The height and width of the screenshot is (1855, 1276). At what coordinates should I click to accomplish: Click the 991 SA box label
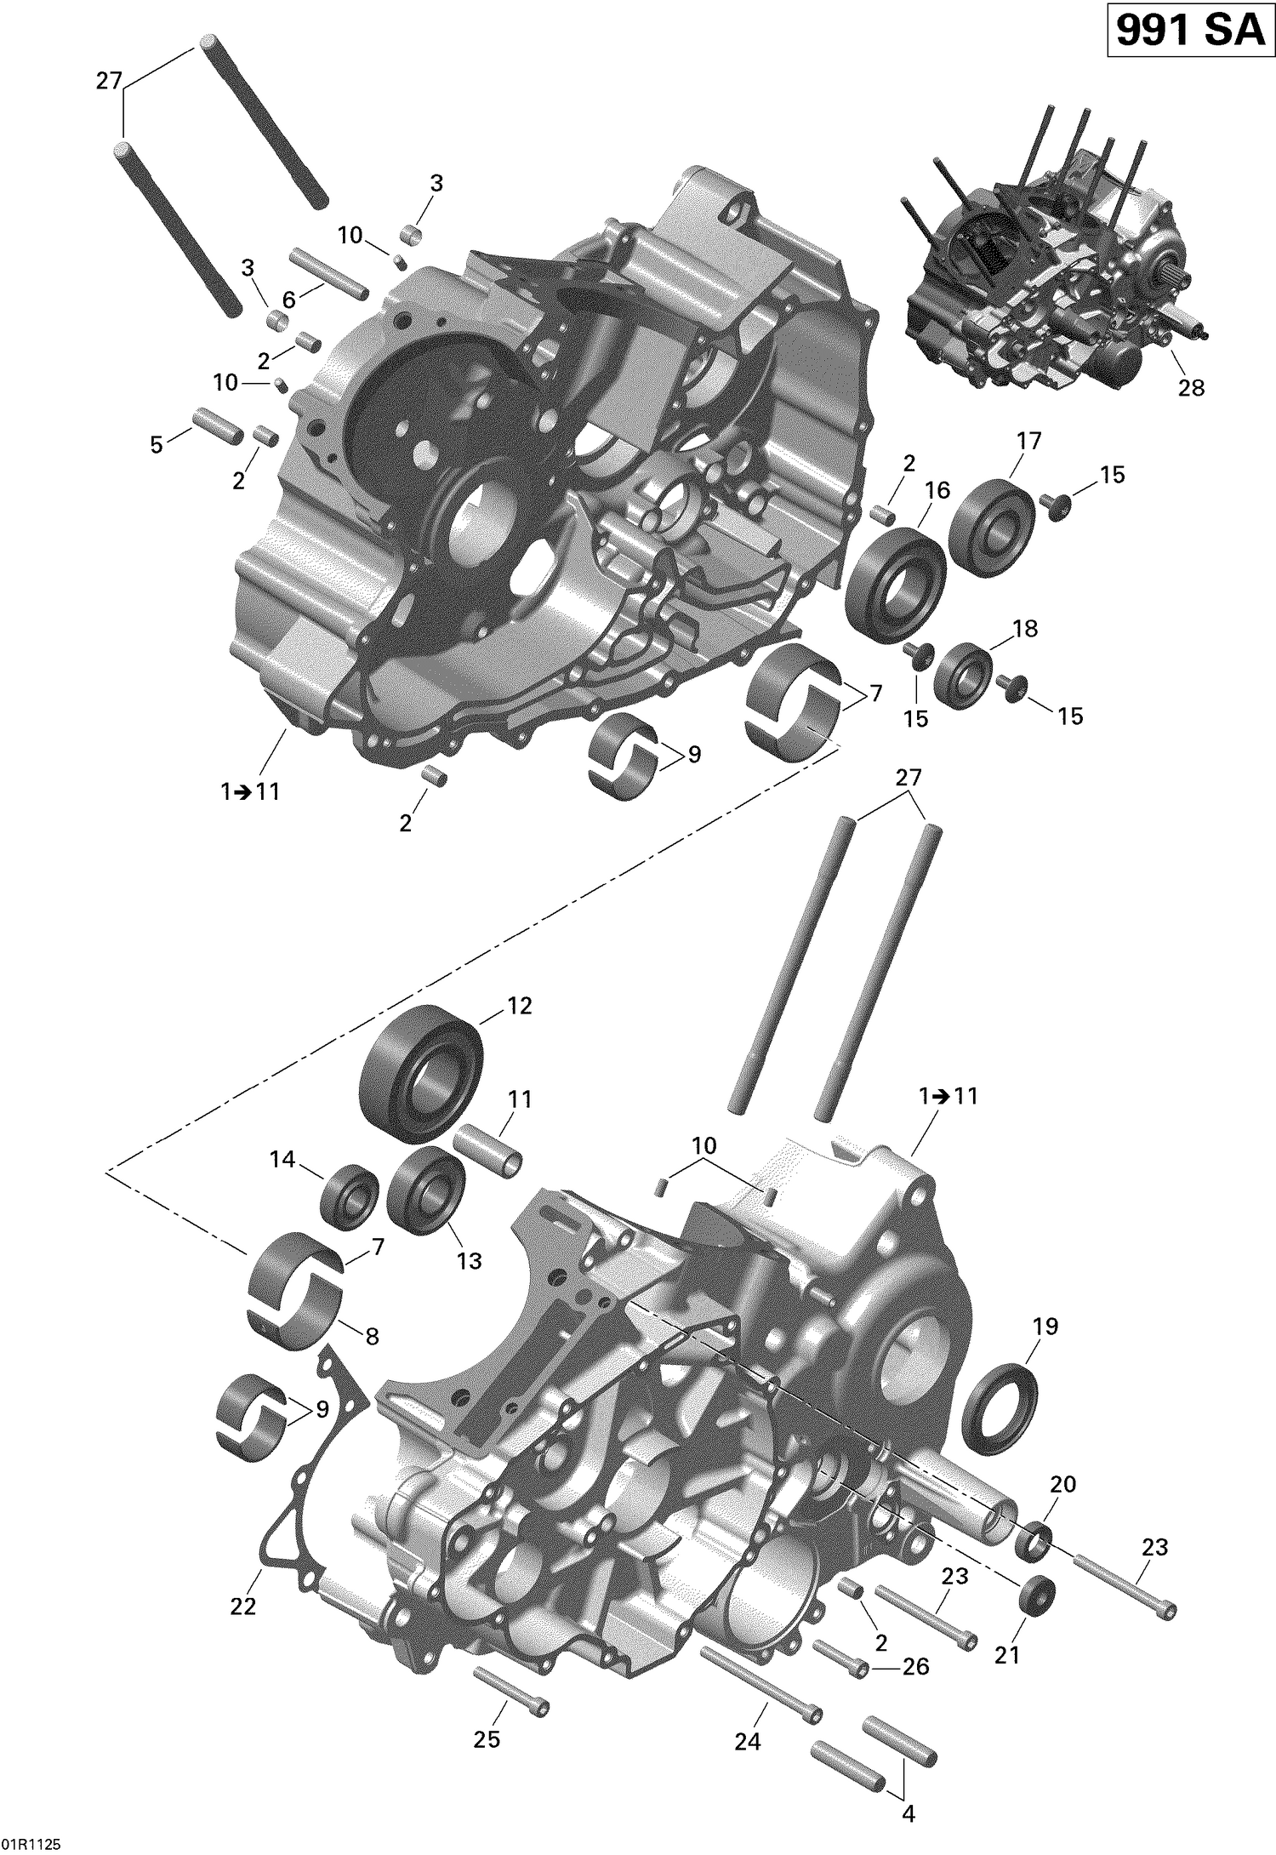[x=1188, y=31]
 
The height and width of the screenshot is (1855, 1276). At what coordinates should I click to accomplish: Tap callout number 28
[x=1191, y=388]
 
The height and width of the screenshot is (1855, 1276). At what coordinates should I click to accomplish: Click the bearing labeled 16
[x=897, y=582]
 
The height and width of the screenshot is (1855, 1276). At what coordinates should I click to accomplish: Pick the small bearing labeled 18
[x=964, y=676]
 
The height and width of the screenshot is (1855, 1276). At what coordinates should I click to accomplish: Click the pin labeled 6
[x=329, y=273]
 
